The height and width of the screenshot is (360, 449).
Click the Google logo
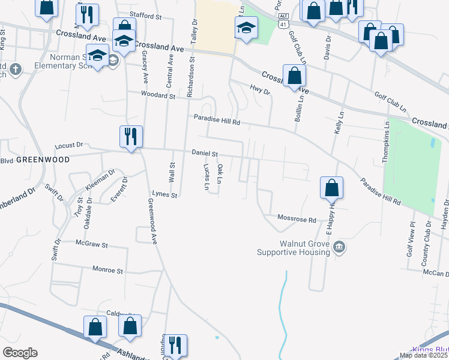pyautogui.click(x=20, y=353)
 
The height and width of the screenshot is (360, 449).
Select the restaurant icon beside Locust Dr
pyautogui.click(x=130, y=137)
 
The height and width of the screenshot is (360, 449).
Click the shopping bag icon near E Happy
pyautogui.click(x=331, y=188)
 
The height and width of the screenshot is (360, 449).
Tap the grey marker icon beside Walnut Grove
pyautogui.click(x=339, y=247)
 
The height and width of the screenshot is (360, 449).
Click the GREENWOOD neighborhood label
pyautogui.click(x=43, y=160)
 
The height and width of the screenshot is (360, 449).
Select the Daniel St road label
pyautogui.click(x=205, y=154)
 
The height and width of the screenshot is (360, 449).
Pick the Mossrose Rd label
pyautogui.click(x=296, y=220)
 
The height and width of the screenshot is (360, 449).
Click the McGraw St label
pyautogui.click(x=91, y=245)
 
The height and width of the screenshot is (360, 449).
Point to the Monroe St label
pyautogui.click(x=108, y=271)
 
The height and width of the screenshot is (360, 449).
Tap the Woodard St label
pyautogui.click(x=157, y=95)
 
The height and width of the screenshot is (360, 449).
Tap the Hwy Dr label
pyautogui.click(x=260, y=91)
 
